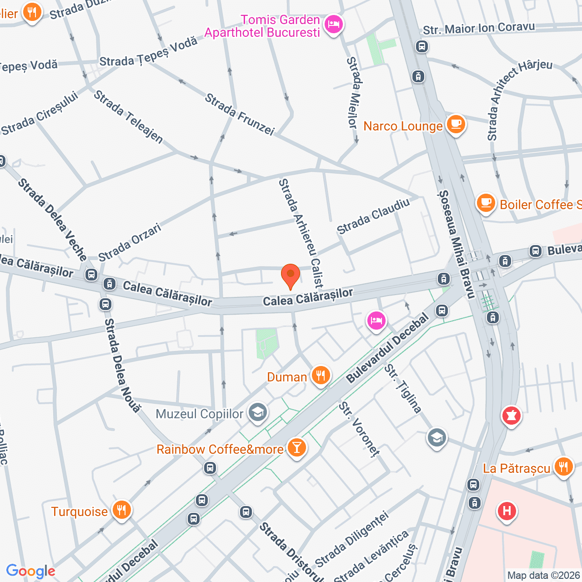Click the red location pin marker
point(290,275)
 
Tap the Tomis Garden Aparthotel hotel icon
point(334,25)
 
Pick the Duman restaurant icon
point(321,376)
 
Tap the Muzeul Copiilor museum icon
point(258,413)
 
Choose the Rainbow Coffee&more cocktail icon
point(296,448)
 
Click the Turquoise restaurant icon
point(121,510)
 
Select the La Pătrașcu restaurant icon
point(563,467)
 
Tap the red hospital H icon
point(507,512)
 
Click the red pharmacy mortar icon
point(511,416)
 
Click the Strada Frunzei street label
point(240,114)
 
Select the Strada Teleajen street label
point(128,116)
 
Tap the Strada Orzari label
point(130,242)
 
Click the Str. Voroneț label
point(359,429)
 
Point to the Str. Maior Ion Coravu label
point(478,28)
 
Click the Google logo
point(30,571)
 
